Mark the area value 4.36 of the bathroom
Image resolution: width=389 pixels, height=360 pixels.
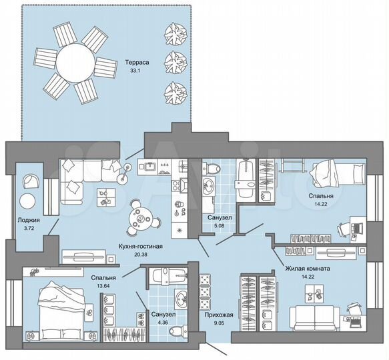point(163,323)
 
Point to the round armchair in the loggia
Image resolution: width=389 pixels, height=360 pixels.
point(30,181)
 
